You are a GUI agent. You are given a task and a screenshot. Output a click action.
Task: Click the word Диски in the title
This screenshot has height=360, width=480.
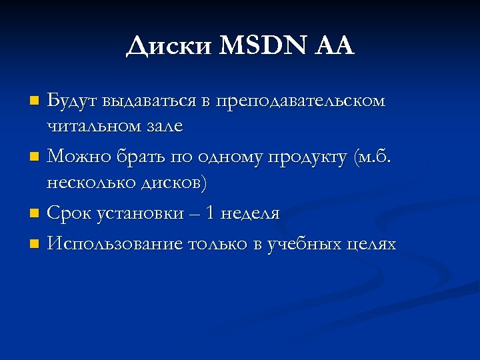point(167,46)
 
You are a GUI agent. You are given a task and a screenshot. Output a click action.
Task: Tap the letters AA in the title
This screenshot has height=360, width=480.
point(333,46)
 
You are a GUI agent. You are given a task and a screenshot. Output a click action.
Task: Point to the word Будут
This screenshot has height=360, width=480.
point(71,101)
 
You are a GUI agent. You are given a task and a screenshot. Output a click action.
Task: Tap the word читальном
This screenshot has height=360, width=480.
point(93,126)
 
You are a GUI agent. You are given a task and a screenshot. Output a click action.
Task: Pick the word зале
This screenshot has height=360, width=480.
point(164,126)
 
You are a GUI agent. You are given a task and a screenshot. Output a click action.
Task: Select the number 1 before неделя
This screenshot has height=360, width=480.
point(211,213)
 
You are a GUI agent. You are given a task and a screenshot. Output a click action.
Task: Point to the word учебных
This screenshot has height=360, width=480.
point(304,245)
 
